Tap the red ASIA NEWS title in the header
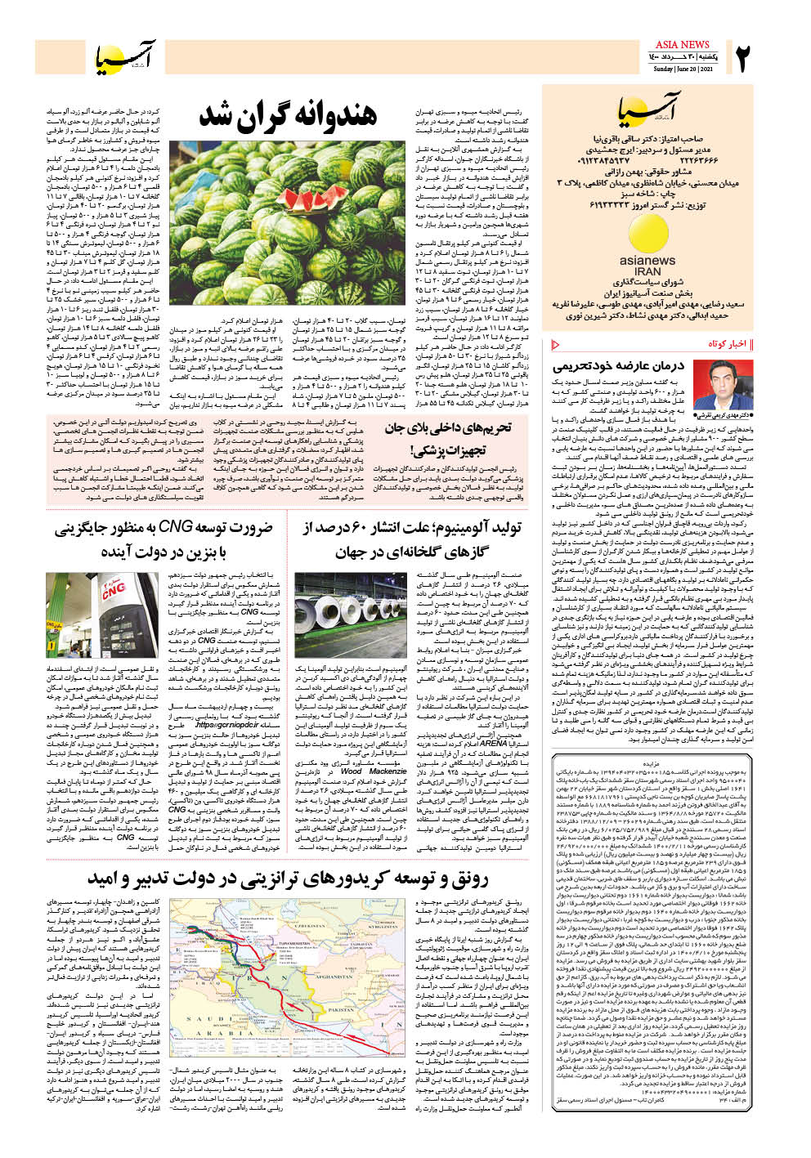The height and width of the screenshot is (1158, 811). coord(683,44)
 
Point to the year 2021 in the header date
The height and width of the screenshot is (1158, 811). coord(706,69)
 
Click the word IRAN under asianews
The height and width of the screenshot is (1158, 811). coord(647,271)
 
